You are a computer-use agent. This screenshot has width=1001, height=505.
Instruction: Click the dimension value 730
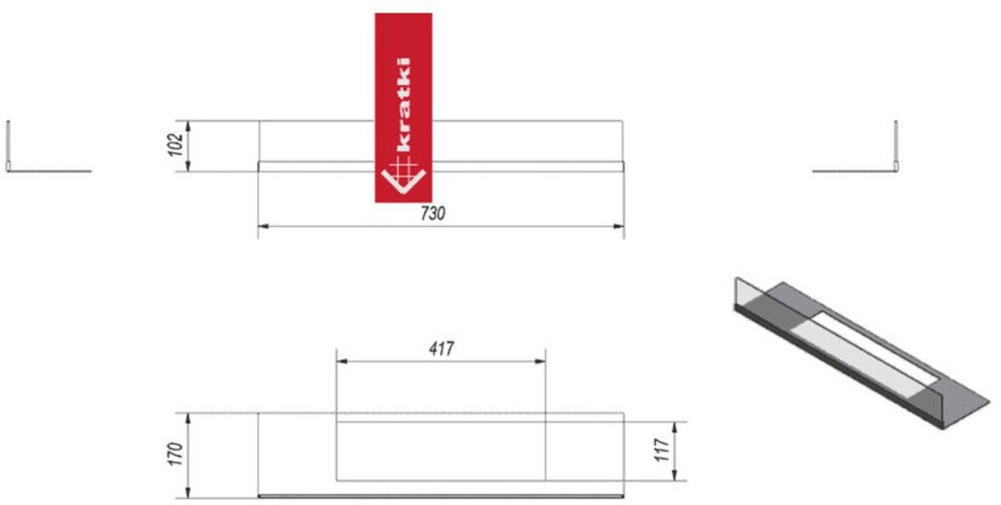coord(433,214)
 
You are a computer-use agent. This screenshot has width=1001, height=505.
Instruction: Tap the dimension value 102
coord(178,144)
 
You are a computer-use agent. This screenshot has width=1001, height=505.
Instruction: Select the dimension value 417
coord(441,349)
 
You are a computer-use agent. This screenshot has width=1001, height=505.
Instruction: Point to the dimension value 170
coord(178,454)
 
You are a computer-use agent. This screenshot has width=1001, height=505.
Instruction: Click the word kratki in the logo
coord(403,105)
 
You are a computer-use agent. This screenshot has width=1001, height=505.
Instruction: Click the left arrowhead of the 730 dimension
coord(263,226)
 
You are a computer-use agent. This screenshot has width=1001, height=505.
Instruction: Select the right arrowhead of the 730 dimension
coord(619,226)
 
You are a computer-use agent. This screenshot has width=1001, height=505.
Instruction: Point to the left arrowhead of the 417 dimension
coord(341,362)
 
